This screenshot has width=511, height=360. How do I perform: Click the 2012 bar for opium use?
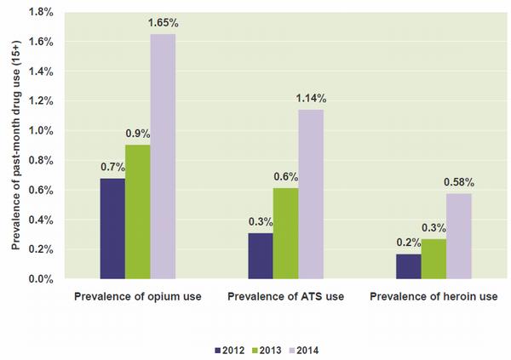(112, 228)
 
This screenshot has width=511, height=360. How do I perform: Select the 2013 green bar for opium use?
(138, 212)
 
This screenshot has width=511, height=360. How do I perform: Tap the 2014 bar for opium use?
(163, 157)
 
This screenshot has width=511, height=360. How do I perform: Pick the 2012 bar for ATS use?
(261, 255)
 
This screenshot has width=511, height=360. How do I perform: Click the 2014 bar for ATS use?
(311, 194)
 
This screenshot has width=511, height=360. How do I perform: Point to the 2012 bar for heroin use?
(409, 266)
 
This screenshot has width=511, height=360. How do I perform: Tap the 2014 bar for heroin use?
(459, 236)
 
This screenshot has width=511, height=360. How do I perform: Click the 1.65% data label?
(163, 23)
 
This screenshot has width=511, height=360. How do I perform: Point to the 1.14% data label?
(311, 99)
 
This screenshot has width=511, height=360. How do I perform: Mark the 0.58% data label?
(459, 182)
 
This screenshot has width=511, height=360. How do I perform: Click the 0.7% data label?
(112, 167)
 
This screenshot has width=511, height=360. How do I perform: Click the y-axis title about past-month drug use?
(14, 145)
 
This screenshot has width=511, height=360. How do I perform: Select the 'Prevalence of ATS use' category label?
(285, 297)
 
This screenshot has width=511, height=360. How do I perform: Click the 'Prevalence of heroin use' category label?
(433, 297)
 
